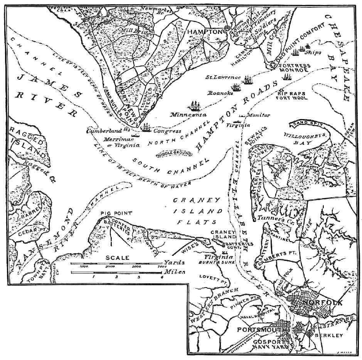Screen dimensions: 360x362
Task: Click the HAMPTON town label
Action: point(205,32)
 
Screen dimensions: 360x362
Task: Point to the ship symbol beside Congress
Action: point(146,128)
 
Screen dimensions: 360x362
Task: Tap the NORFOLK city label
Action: point(325,303)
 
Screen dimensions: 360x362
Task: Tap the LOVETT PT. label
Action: point(209,277)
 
